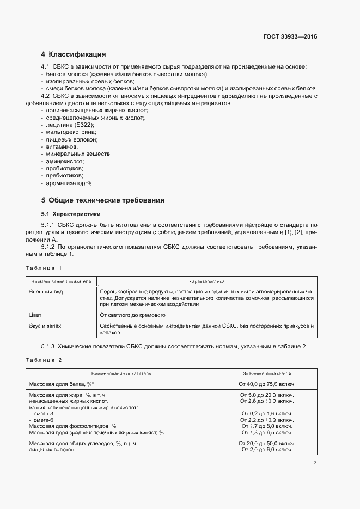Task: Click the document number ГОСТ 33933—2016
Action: click(290, 36)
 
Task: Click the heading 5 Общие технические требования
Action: click(103, 200)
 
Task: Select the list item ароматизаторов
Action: click(70, 183)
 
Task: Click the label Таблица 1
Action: click(44, 268)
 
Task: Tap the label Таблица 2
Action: click(44, 360)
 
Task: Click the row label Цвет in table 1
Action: click(35, 315)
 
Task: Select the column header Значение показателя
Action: click(266, 374)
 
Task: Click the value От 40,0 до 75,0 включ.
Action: click(266, 384)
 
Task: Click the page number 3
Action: click(315, 463)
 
